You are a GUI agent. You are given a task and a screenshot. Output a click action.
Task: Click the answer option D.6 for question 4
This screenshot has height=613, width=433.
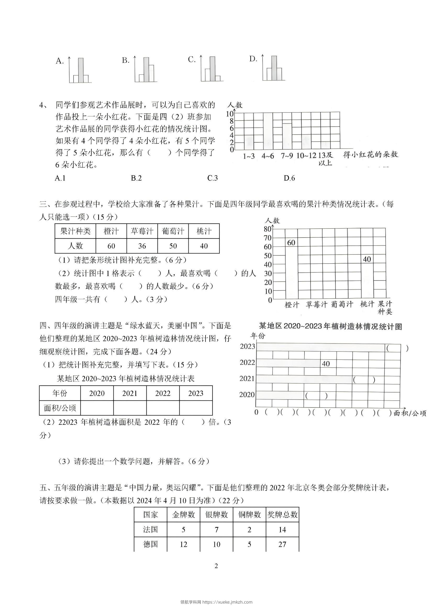(289, 178)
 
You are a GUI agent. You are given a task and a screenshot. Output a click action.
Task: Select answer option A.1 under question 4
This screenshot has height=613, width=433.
(60, 178)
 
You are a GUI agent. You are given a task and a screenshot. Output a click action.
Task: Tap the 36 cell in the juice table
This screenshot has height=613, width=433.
(142, 246)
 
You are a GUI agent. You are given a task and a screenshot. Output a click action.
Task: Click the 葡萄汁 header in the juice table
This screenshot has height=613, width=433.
(173, 231)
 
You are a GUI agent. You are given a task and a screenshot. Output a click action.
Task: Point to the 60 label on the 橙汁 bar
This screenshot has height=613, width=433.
(291, 243)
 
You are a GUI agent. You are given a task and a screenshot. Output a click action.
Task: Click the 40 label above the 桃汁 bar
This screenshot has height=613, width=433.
(367, 259)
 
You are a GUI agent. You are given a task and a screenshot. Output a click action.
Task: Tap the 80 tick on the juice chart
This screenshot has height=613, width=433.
(268, 229)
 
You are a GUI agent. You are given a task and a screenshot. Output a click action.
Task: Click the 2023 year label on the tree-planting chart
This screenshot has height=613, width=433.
(247, 346)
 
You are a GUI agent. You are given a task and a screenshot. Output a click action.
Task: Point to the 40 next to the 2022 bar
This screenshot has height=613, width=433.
(326, 364)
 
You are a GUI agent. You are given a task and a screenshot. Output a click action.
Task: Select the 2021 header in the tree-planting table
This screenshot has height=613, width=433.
(130, 393)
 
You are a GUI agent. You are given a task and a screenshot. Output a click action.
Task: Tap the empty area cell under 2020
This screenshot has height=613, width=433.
(97, 408)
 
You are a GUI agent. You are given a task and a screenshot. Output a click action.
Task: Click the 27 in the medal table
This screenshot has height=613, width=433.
(282, 544)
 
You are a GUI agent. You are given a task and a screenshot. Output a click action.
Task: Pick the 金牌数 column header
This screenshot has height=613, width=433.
(184, 515)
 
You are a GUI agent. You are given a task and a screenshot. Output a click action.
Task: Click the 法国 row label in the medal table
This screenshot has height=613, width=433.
(150, 529)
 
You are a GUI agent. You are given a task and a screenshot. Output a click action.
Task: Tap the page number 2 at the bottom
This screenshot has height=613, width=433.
(216, 566)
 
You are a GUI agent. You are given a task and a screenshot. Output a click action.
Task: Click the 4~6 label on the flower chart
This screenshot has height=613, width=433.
(268, 156)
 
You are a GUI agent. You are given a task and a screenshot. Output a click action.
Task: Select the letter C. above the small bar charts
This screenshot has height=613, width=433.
(192, 60)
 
